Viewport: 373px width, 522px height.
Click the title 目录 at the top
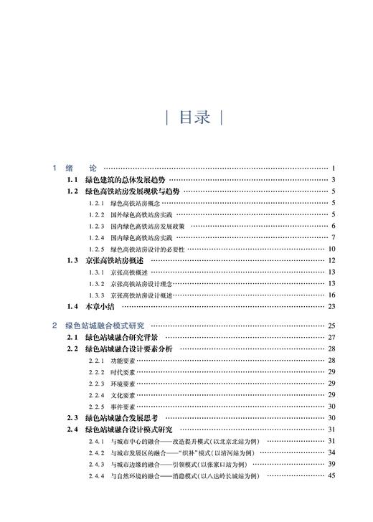(193, 118)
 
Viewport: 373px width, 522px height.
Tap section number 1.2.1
(96, 204)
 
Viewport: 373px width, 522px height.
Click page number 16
(332, 295)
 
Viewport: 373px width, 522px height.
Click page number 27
(332, 337)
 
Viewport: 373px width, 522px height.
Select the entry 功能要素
(123, 360)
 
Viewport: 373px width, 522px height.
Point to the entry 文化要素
(123, 394)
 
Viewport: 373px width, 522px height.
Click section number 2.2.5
(96, 406)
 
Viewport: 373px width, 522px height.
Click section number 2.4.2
(96, 452)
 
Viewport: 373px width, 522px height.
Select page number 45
(332, 475)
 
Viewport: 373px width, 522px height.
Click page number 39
(332, 464)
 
